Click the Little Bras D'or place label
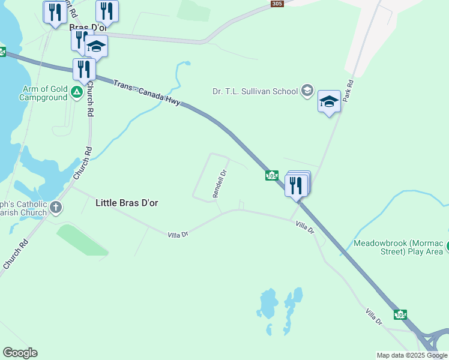click(127, 203)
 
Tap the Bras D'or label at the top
click(87, 28)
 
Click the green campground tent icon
click(76, 92)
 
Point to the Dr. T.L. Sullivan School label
click(255, 91)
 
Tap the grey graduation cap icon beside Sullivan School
click(307, 91)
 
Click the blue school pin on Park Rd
click(329, 101)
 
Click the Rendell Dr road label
click(220, 184)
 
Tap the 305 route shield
click(277, 4)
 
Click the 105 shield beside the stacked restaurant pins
click(271, 175)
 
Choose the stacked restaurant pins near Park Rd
click(297, 184)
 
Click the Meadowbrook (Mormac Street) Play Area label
click(398, 247)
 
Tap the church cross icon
click(56, 208)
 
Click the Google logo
click(20, 353)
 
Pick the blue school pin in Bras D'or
click(96, 46)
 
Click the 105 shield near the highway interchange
click(400, 314)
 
